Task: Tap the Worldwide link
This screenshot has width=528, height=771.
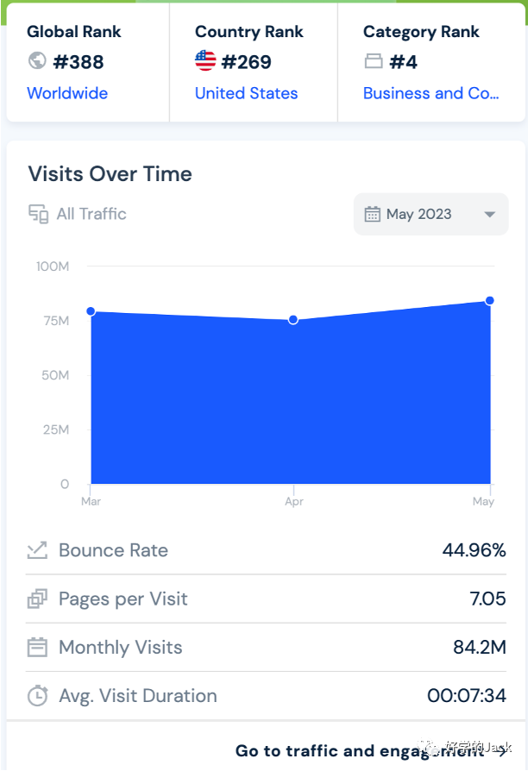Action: pos(67,93)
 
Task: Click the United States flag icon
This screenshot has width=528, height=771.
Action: pos(205,61)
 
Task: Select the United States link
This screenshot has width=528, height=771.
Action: pos(246,93)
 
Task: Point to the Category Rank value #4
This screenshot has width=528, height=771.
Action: pos(404,62)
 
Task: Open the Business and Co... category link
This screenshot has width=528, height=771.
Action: pos(431,93)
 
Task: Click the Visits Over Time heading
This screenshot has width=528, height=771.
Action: pos(110,173)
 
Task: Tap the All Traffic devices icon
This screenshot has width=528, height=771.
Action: pos(38,214)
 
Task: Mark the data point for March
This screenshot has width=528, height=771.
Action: pos(91,311)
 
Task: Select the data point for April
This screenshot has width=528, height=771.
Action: pos(293,320)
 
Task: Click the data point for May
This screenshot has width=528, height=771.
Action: pos(489,300)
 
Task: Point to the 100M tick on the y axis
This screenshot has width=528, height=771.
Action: pos(53,266)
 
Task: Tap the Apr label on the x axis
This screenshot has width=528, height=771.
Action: pos(293,502)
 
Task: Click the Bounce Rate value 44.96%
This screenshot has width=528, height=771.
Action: pos(474,550)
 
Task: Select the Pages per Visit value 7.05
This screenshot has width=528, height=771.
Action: pos(487,599)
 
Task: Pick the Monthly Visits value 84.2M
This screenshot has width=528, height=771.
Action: pos(479,647)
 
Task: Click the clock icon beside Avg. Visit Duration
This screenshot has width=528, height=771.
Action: pos(37,696)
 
